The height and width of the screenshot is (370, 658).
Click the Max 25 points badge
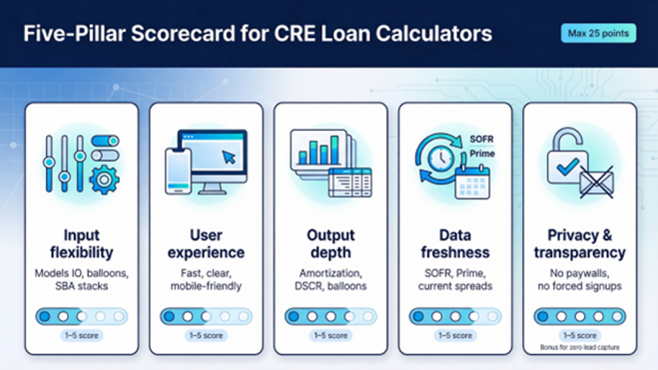point(598,33)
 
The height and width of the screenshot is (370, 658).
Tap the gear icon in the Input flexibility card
point(104,180)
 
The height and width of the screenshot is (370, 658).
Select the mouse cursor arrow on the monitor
point(229,157)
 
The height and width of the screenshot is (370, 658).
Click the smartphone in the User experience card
point(179,171)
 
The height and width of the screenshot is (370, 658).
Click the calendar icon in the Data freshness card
point(472,182)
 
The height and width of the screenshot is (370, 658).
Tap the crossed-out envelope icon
point(597,182)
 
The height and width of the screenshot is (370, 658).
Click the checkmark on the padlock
point(567,167)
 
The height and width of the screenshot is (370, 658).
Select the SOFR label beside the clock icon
point(481,139)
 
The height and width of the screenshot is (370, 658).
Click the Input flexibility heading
point(82,243)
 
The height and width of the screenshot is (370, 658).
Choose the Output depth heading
point(331,243)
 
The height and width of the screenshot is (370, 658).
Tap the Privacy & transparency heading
point(580,243)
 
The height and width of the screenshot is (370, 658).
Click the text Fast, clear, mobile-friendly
point(206,279)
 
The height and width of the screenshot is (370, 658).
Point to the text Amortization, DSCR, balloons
point(331,279)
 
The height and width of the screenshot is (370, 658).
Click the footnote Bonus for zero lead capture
point(580,348)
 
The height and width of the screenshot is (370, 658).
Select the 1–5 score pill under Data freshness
point(456,335)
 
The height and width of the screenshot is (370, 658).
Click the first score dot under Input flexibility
point(44,316)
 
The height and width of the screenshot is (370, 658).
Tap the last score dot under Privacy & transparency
point(616,316)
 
